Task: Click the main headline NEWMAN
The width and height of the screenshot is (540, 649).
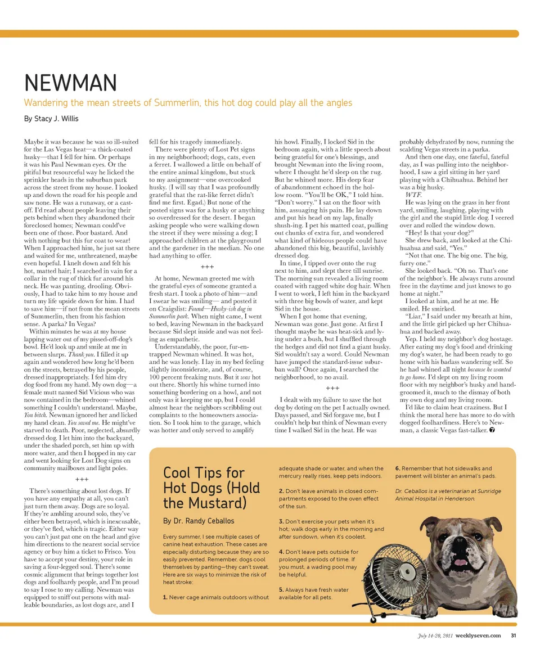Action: pos(70,83)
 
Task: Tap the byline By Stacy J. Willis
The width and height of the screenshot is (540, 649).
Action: pos(51,119)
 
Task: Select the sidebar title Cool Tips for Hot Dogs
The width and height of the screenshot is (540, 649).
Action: pos(211,487)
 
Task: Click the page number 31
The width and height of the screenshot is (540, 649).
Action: pos(513,636)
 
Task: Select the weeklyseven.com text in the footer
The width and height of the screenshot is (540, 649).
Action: pos(478,636)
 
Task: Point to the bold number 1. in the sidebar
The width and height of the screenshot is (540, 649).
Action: pos(165,597)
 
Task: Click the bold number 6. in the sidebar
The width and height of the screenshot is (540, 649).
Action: pos(398,468)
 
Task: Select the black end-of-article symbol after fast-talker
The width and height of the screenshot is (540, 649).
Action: pos(492,430)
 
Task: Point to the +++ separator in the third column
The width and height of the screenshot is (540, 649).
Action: pos(332,388)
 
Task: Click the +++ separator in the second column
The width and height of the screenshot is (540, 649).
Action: pos(207,267)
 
